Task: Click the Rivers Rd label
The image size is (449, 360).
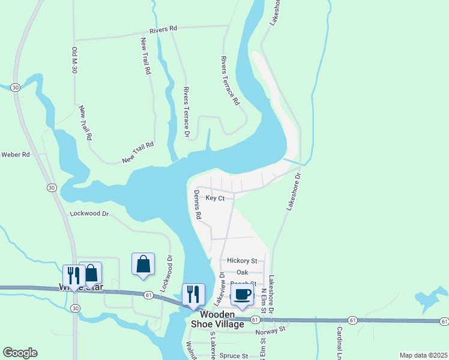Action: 164,28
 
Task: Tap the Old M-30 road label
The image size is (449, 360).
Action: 76,60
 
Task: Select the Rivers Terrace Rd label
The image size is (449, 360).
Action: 230,81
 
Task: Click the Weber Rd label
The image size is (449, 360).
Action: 16,154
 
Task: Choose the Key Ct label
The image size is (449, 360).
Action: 215,198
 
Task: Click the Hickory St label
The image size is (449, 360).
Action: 242,261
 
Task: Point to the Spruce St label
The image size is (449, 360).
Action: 234,356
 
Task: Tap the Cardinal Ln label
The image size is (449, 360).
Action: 339,340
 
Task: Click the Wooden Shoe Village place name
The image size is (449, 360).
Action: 221,319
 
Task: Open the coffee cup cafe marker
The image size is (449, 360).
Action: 242,295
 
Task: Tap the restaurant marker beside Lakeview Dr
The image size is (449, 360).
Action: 193,294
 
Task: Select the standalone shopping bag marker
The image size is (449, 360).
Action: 143,264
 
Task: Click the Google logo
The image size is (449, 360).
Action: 20,353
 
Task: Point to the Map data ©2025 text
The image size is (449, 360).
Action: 423,355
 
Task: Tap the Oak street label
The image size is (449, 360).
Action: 242,272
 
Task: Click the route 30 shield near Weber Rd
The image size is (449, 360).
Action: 52,188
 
